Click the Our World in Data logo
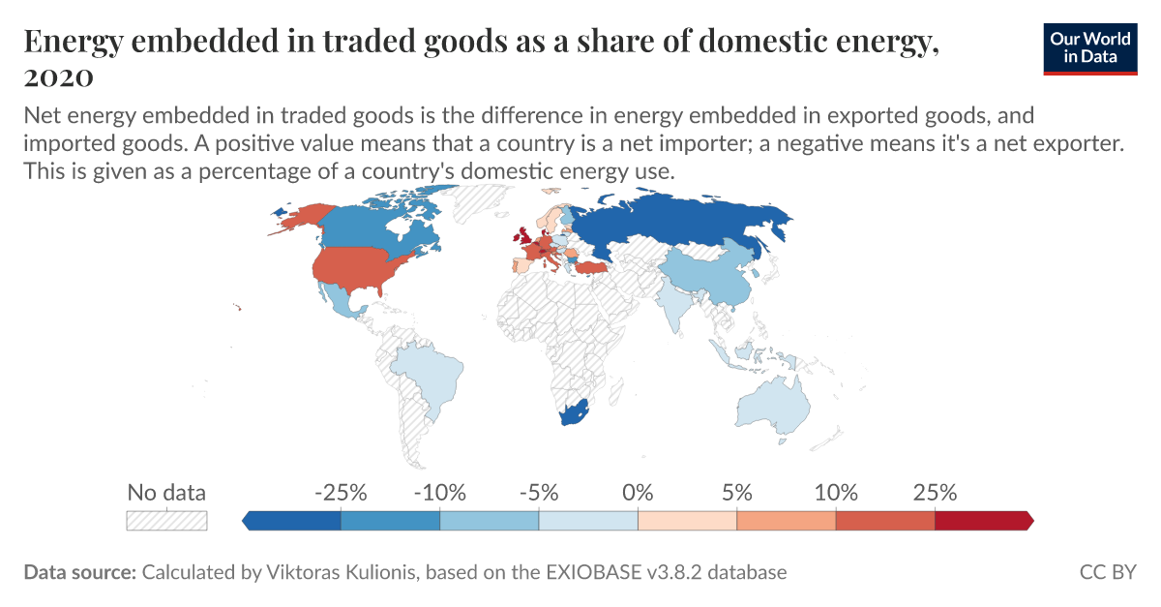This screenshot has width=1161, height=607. (1089, 46)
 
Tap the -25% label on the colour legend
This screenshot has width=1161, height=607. (341, 492)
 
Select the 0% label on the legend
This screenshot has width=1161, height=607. (638, 492)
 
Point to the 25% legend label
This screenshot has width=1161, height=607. (935, 492)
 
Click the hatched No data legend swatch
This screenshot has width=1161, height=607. (166, 520)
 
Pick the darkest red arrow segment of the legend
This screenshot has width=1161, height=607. (983, 521)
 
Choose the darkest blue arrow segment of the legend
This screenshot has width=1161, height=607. (292, 521)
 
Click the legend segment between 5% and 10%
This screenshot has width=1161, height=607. (786, 521)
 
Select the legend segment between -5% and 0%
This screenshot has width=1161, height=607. (588, 521)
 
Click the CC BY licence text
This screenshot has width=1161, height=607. (1108, 572)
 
